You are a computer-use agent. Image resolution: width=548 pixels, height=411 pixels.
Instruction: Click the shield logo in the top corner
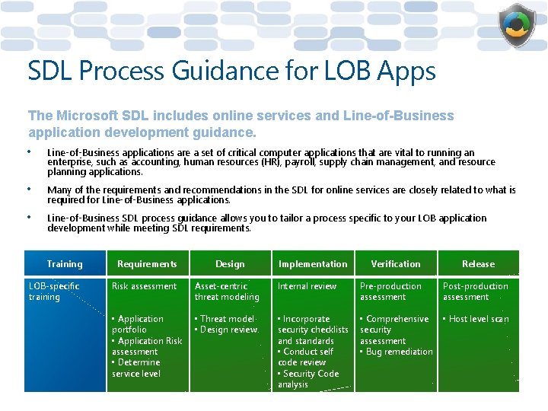[x=518, y=26]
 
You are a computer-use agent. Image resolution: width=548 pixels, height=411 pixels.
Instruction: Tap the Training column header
[x=65, y=264]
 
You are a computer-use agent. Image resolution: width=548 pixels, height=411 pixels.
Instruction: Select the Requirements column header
[x=147, y=264]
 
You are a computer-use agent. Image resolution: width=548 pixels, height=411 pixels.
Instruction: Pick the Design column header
[x=230, y=264]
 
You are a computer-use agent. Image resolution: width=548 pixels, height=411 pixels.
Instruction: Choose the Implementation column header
[x=313, y=264]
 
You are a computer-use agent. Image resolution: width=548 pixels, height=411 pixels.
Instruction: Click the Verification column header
[x=396, y=264]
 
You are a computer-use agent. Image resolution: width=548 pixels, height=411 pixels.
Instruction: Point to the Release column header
[x=478, y=264]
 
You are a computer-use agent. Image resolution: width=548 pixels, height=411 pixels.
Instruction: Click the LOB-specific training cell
[x=54, y=292]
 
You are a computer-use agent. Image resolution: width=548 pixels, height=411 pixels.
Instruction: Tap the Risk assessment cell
[x=145, y=286]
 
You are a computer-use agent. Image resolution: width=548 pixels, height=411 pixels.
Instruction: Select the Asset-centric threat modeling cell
[x=227, y=292]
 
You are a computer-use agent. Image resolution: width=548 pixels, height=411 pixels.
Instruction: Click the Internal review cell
[x=307, y=286]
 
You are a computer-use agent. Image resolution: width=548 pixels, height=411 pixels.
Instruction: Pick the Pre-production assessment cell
[x=390, y=292]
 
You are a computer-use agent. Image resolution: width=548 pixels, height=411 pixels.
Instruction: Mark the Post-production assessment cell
[x=476, y=292]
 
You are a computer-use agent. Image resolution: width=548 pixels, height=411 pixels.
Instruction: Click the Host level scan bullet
[x=479, y=319]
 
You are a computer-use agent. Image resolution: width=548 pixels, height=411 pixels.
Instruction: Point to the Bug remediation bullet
[x=398, y=352]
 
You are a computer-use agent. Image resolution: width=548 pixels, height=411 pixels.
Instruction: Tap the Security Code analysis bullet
[x=309, y=379]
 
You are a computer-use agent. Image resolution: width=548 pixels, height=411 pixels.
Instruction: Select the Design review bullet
[x=229, y=330]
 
